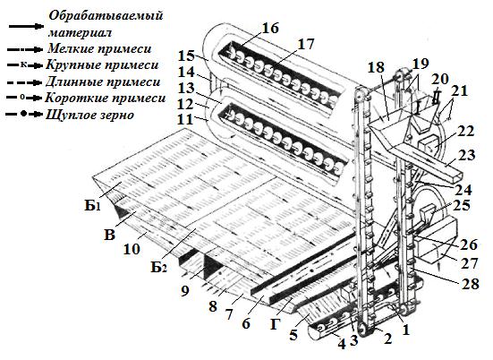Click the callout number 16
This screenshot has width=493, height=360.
(x=270, y=28)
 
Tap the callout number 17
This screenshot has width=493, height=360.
(x=305, y=45)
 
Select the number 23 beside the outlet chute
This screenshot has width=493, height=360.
(x=467, y=155)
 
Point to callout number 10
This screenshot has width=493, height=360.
(x=132, y=249)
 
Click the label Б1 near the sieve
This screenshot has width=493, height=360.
(x=92, y=206)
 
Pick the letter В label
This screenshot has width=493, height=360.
(x=109, y=235)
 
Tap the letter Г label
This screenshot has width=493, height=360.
(x=275, y=324)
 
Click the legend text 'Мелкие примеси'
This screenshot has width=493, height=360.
(x=99, y=48)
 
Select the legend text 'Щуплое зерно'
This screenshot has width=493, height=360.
(x=90, y=115)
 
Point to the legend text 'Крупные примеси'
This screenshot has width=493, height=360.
(x=102, y=65)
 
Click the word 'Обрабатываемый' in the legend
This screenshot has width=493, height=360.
(x=106, y=15)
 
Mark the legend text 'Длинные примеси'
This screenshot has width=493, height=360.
(x=103, y=81)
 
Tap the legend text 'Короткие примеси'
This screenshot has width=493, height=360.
(x=106, y=98)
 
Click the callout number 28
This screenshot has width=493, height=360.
(x=470, y=284)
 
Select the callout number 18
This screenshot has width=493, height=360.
(x=376, y=67)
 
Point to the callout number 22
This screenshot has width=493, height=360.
(x=465, y=131)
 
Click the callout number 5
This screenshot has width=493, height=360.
(x=293, y=335)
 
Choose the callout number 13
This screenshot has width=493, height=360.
(x=186, y=89)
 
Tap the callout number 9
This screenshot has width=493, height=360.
(x=185, y=291)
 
